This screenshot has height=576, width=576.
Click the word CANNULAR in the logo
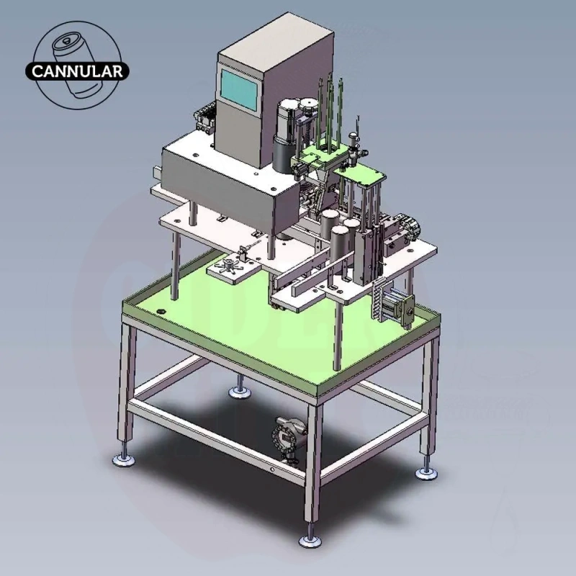tap(77, 71)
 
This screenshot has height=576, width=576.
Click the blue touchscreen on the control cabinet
tap(239, 89)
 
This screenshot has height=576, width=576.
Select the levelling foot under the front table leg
tap(310, 539)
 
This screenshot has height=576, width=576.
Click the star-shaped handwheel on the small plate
tap(229, 264)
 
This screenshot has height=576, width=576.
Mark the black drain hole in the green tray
tap(161, 312)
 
